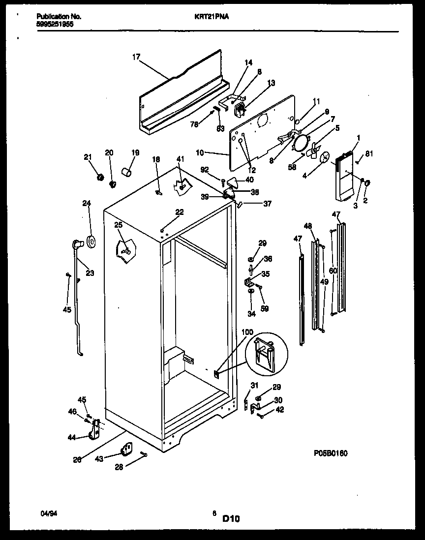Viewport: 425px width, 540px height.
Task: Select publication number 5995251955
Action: [56, 23]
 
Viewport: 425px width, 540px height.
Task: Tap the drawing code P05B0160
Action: [330, 453]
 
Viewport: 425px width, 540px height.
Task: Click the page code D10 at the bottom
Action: [231, 518]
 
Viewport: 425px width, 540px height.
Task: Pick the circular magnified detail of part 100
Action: [265, 354]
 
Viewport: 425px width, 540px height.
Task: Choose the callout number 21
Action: [88, 157]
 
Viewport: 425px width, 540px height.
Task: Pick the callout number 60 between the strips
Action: [333, 270]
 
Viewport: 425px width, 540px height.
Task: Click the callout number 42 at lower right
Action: [280, 409]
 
